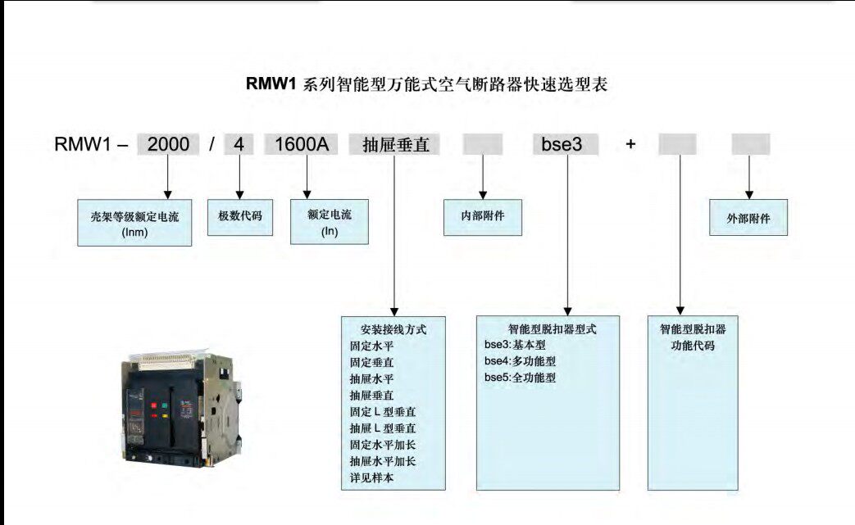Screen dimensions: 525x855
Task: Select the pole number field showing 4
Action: coord(239,145)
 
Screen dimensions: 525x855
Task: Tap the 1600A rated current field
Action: coord(302,145)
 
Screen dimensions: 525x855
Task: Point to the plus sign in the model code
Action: coord(630,145)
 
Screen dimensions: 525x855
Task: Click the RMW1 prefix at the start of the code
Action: coord(82,145)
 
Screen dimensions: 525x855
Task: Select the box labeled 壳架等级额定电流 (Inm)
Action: coord(134,223)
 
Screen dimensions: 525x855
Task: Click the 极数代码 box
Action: coord(239,217)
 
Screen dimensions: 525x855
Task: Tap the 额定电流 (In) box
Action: coord(330,221)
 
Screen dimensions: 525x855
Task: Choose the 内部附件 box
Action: coord(483,217)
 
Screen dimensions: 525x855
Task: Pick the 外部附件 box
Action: coord(748,218)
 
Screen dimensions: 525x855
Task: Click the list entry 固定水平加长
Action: coord(371,445)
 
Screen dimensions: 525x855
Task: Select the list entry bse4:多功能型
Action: coord(521,361)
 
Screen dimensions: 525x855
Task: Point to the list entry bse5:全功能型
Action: coord(521,378)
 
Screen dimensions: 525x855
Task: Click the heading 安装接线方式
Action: coord(393,329)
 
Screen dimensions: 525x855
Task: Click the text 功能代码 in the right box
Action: coord(693,346)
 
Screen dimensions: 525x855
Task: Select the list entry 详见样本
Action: coord(371,477)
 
